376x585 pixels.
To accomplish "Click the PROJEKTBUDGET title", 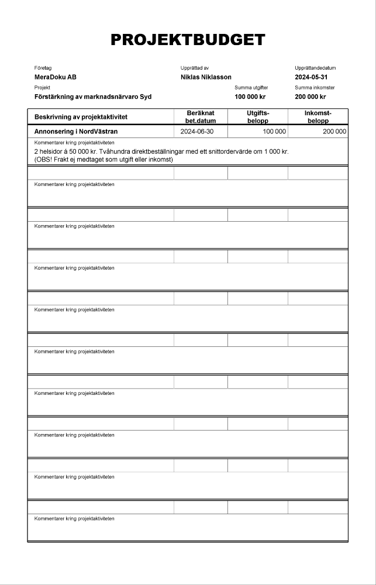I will pos(188,40).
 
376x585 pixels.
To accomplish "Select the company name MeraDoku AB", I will pos(56,77).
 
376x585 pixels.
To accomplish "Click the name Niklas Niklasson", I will pos(206,77).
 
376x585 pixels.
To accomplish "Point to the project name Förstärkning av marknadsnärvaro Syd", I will pos(92,97).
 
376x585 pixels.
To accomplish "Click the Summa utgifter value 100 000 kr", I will pos(250,97).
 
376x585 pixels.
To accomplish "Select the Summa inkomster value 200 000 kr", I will pos(311,97).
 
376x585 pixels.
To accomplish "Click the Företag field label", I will pos(43,68).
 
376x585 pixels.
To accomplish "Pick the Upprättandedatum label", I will pos(315,68).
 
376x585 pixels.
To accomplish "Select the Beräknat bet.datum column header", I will pos(201,117).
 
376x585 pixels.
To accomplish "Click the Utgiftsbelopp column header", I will pos(257,117).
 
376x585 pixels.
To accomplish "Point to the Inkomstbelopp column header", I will pos(318,117).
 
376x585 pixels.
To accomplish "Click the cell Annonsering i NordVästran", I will pos(76,132).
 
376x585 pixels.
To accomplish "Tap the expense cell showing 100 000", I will pos(274,132).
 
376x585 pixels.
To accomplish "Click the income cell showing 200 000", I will pos(334,132).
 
